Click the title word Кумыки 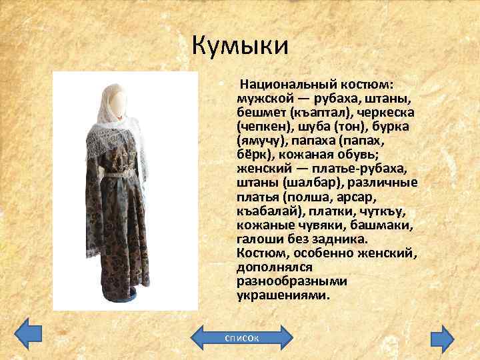coord(239,45)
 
